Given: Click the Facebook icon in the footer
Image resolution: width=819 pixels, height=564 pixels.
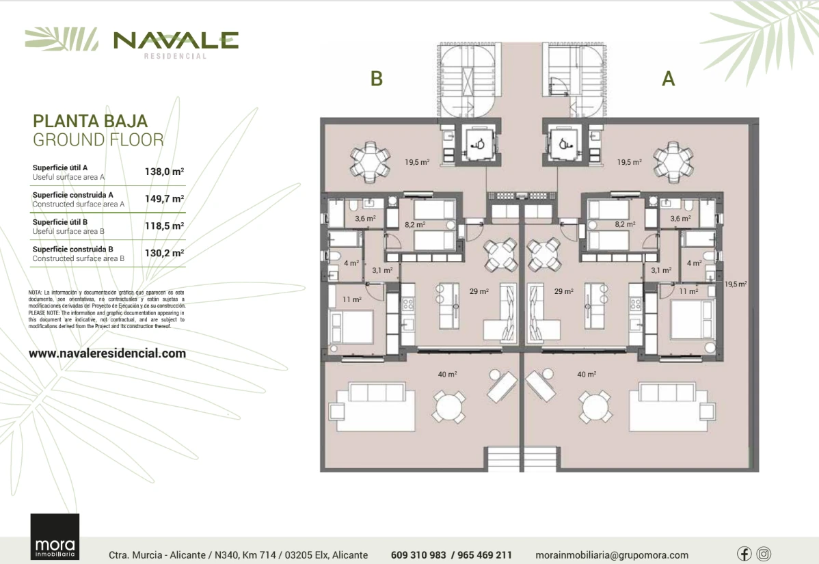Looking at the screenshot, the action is [x=744, y=554].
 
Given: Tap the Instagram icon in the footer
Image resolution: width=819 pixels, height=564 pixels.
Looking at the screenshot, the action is [x=764, y=554].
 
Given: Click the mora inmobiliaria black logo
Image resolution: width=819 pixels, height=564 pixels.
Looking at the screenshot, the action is [x=55, y=537].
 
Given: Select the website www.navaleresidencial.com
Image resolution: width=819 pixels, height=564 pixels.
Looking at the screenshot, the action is [x=107, y=353].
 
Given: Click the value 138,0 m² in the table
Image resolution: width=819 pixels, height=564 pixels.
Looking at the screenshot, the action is [x=164, y=172].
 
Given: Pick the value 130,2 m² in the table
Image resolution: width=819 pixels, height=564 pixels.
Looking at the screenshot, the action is [x=164, y=253].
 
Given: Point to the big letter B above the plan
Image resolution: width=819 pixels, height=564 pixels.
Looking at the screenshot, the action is [x=377, y=79].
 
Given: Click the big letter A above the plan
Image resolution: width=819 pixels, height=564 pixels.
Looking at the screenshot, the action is [x=669, y=79].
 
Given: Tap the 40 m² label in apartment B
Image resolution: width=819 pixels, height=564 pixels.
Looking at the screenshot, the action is [x=447, y=374].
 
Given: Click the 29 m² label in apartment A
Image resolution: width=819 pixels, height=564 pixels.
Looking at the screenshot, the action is [x=563, y=291].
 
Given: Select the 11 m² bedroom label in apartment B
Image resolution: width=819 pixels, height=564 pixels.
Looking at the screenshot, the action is [x=351, y=299].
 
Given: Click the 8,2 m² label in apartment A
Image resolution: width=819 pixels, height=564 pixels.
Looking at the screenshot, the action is [x=625, y=224].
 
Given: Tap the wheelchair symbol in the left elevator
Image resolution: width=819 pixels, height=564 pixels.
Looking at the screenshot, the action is [x=478, y=144].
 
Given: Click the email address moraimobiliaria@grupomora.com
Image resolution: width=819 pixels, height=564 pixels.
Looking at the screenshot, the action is [x=612, y=555].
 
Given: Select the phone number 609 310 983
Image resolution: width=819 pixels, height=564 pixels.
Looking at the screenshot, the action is [x=418, y=555].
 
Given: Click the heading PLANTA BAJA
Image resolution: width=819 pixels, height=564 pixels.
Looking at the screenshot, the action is [x=90, y=121].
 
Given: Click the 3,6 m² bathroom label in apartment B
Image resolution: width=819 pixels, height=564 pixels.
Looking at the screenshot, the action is [x=365, y=218].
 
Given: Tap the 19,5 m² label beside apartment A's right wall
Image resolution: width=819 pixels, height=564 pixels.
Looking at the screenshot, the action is [x=736, y=284].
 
